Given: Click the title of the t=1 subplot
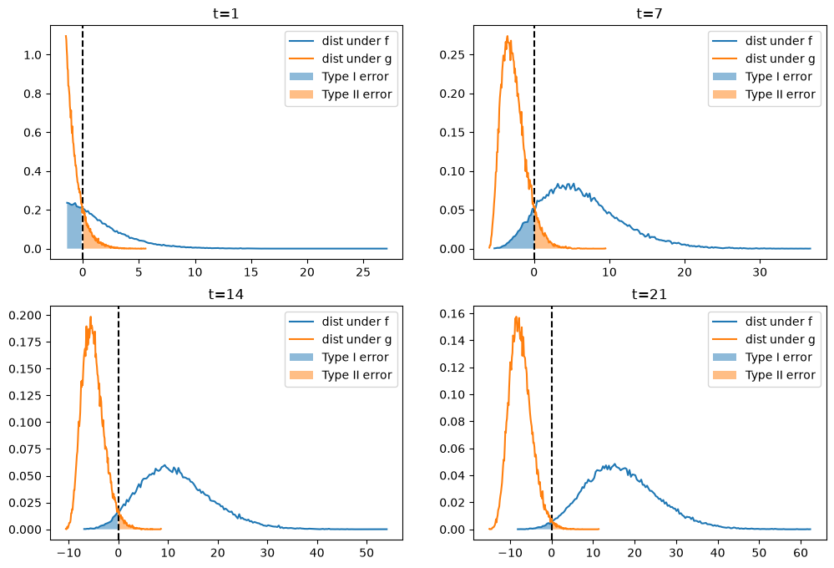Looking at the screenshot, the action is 226,13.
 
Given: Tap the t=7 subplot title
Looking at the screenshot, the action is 650,13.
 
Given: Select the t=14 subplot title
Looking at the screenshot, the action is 226,294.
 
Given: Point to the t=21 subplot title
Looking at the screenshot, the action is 650,294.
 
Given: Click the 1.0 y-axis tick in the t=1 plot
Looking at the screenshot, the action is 33,55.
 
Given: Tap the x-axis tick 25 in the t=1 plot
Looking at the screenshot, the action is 363,272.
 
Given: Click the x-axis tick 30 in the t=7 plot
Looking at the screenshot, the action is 760,272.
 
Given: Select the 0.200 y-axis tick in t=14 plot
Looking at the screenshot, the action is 25,315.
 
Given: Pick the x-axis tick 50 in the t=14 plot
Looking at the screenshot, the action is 366,553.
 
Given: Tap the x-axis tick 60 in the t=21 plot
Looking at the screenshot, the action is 801,553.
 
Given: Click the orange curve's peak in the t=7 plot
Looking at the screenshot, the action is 508,36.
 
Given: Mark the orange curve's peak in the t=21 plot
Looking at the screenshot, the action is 516,317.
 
